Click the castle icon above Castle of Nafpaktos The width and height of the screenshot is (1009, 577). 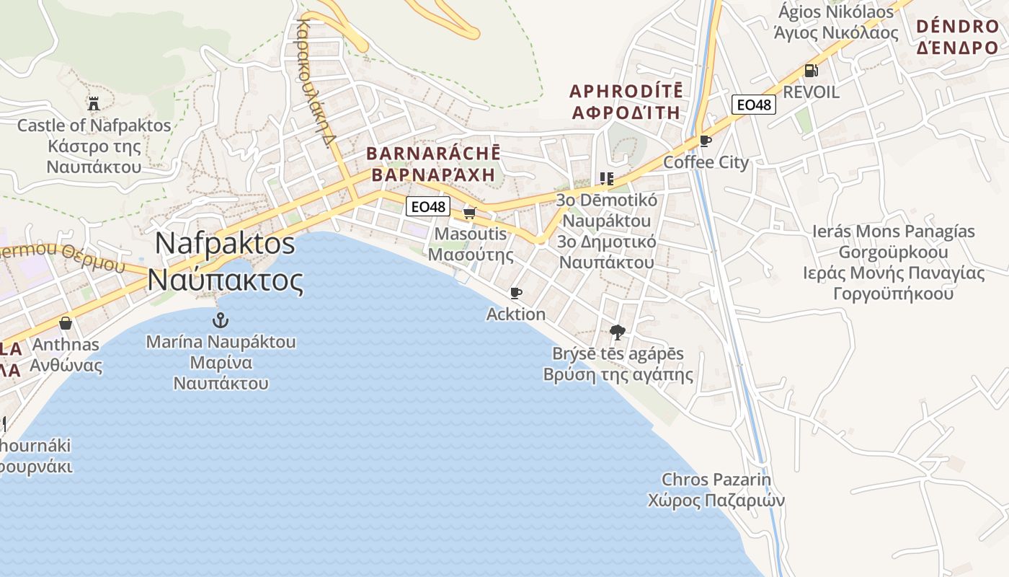click(x=93, y=103)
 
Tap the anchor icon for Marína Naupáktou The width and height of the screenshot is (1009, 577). click(x=221, y=320)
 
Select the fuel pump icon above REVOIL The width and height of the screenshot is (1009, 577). click(x=811, y=71)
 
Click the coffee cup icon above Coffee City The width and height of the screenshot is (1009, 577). click(x=706, y=141)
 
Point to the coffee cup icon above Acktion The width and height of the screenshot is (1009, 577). click(x=515, y=293)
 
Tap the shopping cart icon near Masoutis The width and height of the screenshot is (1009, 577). click(x=470, y=213)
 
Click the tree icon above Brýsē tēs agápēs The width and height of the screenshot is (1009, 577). click(x=617, y=332)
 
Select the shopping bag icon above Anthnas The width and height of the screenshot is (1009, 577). click(x=66, y=323)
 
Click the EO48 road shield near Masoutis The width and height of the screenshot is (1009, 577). click(x=428, y=207)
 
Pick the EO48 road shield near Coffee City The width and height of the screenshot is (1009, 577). click(x=754, y=105)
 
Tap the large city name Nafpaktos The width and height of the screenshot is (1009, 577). click(x=225, y=243)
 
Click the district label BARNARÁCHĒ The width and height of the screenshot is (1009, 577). click(x=433, y=154)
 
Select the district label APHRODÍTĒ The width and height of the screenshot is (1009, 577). click(x=626, y=92)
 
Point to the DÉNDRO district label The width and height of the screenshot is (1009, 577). click(x=958, y=27)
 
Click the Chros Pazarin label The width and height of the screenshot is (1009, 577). click(x=716, y=480)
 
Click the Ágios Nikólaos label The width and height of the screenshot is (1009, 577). click(x=836, y=12)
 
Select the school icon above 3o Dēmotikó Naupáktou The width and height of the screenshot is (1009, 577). click(x=606, y=179)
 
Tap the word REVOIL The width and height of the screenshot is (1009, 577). click(x=811, y=92)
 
